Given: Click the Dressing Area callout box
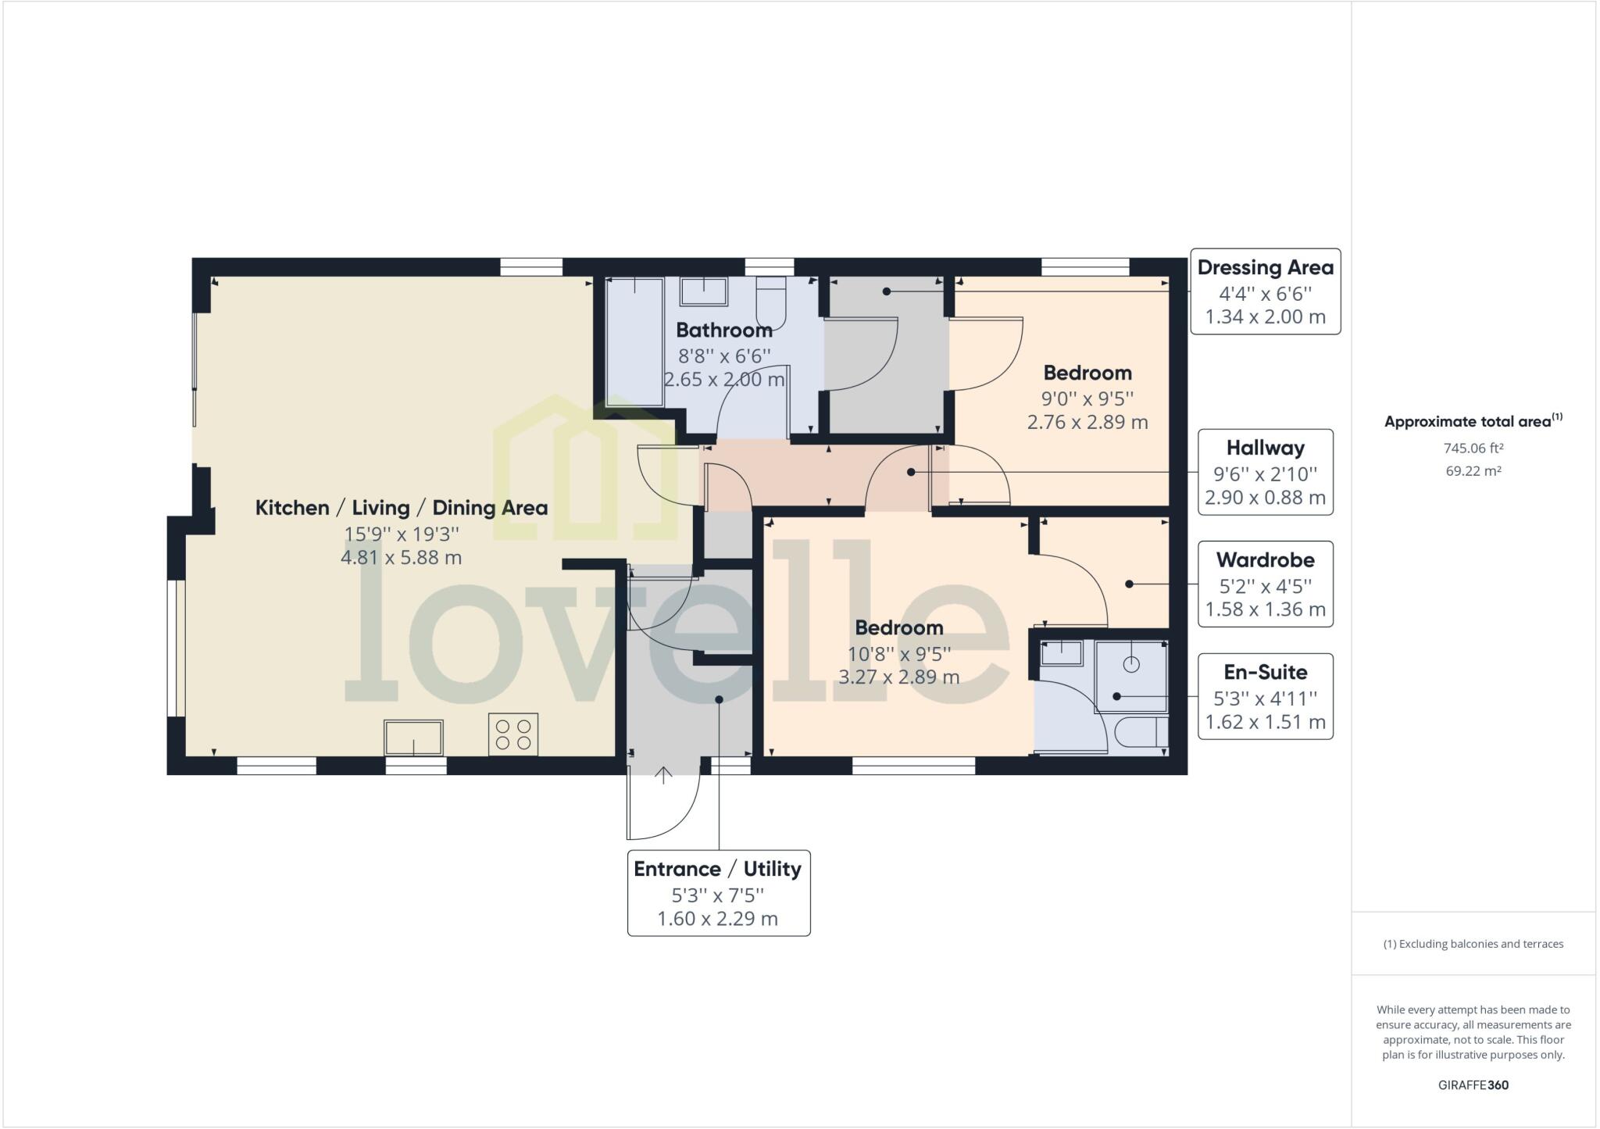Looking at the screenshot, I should [x=1265, y=291].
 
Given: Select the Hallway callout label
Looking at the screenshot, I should [x=1265, y=472].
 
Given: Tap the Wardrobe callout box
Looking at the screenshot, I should [x=1265, y=584].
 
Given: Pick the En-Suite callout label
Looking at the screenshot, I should [x=1265, y=696].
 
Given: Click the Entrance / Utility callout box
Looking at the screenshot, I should [x=718, y=893].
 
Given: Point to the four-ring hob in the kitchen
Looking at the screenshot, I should [x=513, y=734].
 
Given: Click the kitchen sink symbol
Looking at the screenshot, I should [x=413, y=738].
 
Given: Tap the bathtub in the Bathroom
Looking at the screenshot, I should [x=634, y=341].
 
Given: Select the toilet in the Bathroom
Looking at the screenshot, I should [x=770, y=300].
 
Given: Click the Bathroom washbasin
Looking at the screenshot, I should [x=703, y=291].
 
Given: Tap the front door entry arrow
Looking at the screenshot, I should [x=663, y=775].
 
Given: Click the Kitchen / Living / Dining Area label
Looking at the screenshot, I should [x=401, y=508].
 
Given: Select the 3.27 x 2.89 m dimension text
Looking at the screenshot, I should [x=898, y=677].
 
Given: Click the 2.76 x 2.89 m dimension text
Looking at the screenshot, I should [x=1087, y=423].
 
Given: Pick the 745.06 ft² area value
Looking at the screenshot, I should [x=1473, y=448].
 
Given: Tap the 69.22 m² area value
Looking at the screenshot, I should [x=1473, y=471].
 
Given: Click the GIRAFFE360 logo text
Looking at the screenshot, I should [x=1473, y=1085].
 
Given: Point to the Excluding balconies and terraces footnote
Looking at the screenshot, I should [x=1473, y=944].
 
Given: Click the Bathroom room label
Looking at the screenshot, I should [x=723, y=330].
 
